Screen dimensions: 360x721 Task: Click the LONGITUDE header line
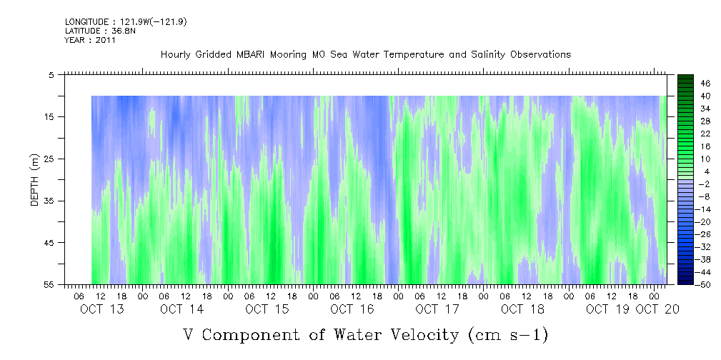pyautogui.click(x=116, y=22)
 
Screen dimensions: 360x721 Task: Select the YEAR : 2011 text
pyautogui.click(x=90, y=40)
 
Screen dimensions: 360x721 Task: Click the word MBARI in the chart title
pyautogui.click(x=269, y=54)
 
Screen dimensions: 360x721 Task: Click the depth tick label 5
pyautogui.click(x=51, y=74)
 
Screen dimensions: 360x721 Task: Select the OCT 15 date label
pyautogui.click(x=267, y=309)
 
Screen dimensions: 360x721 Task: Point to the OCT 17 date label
pyautogui.click(x=437, y=309)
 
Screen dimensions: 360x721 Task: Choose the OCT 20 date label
pyautogui.click(x=658, y=309)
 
